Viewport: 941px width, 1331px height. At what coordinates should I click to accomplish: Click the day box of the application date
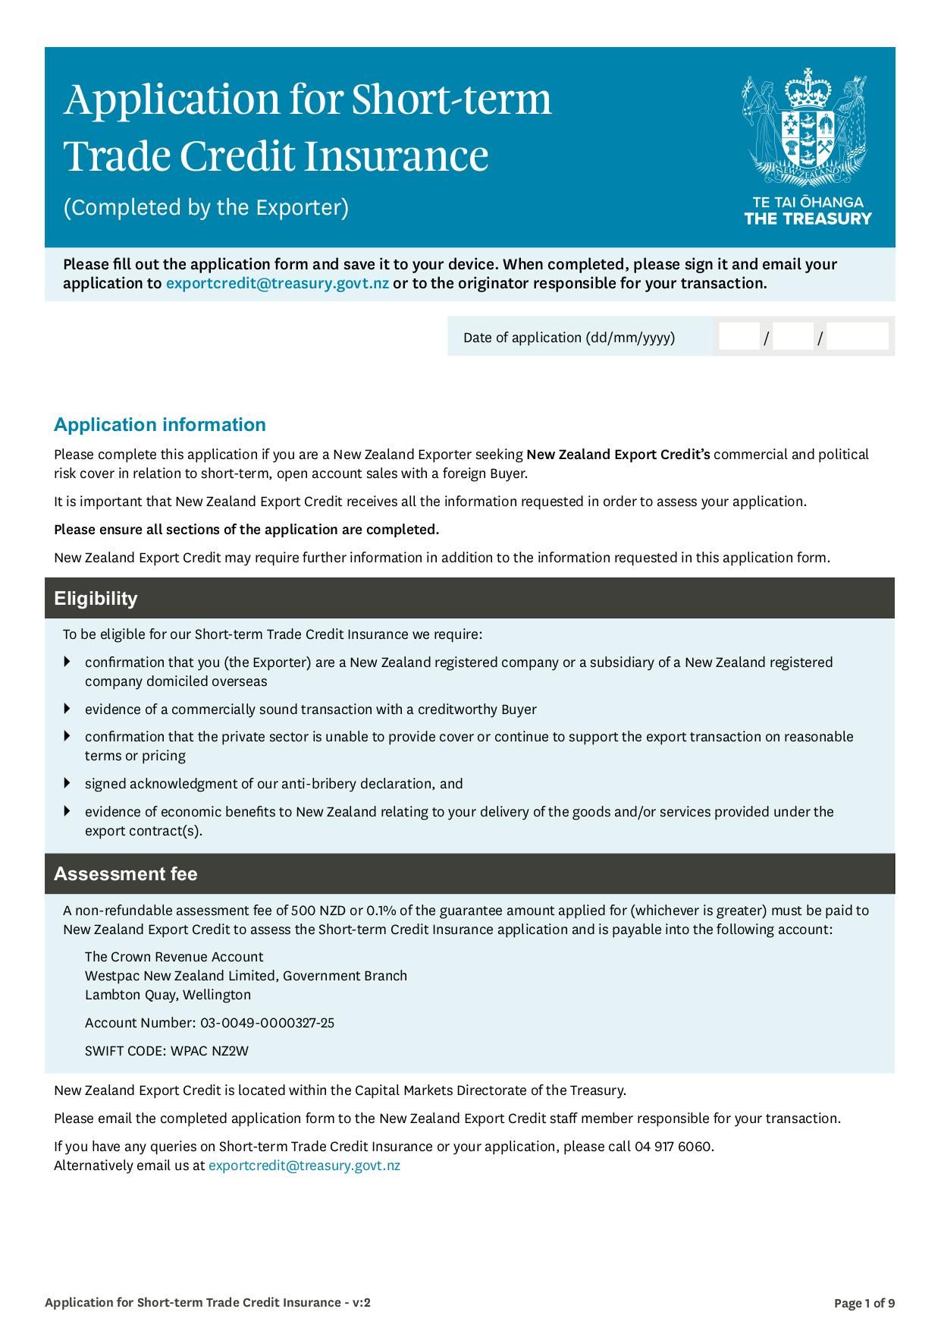pyautogui.click(x=739, y=337)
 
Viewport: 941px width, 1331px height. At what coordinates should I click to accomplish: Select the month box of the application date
pyautogui.click(x=793, y=337)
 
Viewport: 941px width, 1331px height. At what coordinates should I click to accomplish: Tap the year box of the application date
pyautogui.click(x=857, y=337)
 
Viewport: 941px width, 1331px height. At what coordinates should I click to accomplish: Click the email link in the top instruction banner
pyautogui.click(x=278, y=284)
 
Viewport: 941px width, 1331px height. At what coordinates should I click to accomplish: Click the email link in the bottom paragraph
pyautogui.click(x=304, y=1166)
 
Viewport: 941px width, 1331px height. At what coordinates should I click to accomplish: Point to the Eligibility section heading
pyautogui.click(x=96, y=599)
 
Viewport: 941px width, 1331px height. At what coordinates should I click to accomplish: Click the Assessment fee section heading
pyautogui.click(x=125, y=874)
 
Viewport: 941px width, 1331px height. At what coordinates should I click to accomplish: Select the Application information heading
pyautogui.click(x=160, y=425)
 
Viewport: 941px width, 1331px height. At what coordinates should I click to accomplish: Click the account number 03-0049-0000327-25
pyautogui.click(x=267, y=1023)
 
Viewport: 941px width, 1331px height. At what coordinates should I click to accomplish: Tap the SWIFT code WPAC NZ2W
pyautogui.click(x=209, y=1051)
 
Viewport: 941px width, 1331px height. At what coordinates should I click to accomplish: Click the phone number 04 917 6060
pyautogui.click(x=673, y=1147)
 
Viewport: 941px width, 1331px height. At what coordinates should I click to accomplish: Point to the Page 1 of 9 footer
pyautogui.click(x=864, y=1304)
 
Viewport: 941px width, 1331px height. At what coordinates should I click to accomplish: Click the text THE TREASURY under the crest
pyautogui.click(x=808, y=219)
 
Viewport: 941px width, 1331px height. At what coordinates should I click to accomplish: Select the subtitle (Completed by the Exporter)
pyautogui.click(x=205, y=207)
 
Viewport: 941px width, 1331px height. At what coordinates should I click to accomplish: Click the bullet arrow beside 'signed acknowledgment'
pyautogui.click(x=67, y=783)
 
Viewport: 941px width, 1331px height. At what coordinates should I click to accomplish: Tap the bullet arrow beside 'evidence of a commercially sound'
pyautogui.click(x=67, y=709)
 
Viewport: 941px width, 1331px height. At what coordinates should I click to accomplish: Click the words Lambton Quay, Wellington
pyautogui.click(x=168, y=995)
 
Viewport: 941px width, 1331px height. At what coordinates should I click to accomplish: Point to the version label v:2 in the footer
pyautogui.click(x=361, y=1303)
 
